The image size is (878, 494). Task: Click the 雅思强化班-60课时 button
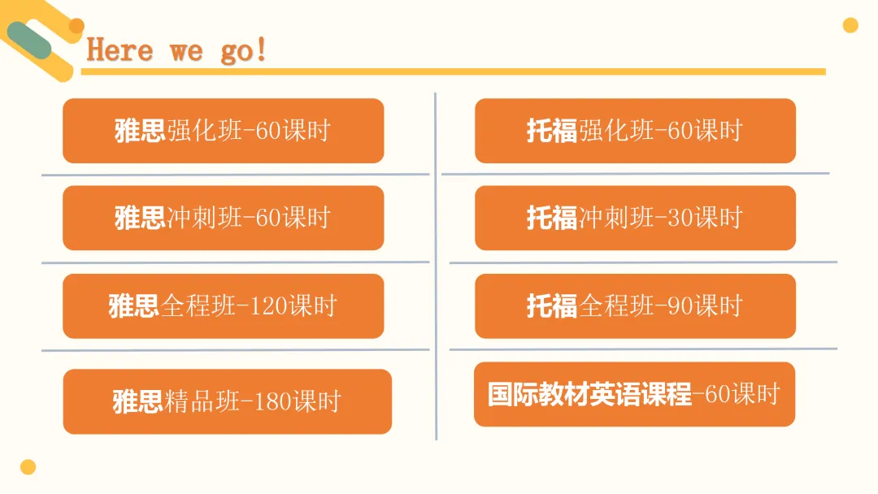coord(223,131)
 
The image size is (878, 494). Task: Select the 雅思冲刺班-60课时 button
coord(223,219)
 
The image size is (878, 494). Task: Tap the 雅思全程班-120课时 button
coord(223,306)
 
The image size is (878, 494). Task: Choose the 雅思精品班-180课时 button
coord(228,401)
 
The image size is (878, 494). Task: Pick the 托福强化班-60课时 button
coord(635,131)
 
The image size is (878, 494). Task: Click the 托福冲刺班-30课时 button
coord(635,219)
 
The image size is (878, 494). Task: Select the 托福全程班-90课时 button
coord(635,306)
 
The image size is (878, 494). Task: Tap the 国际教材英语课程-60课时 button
coord(634,394)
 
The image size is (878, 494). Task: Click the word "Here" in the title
coord(120,50)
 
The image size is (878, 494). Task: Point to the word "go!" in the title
coord(244,51)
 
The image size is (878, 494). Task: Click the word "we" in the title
coord(186,52)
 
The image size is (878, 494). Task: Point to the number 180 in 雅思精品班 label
coord(272,401)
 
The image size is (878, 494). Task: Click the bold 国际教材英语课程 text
coord(589,394)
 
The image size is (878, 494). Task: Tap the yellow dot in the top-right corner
coord(850,25)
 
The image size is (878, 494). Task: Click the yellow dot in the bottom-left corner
coord(28,467)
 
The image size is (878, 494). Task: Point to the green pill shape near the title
coord(29,41)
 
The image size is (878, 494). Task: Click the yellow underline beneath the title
coord(454,71)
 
